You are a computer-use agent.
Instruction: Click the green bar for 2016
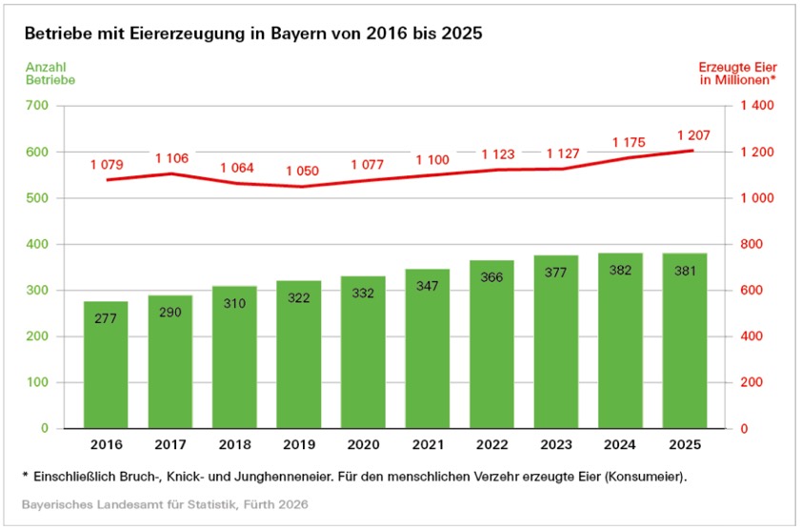(106, 367)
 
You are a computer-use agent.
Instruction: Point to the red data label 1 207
(693, 134)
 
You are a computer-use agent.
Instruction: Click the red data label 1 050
(300, 171)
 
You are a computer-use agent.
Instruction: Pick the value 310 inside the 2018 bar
(234, 302)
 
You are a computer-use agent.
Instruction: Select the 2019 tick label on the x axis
(298, 445)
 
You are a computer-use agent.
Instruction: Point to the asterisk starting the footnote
(26, 473)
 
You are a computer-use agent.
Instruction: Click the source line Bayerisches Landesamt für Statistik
(165, 501)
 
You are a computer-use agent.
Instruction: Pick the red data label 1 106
(172, 158)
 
